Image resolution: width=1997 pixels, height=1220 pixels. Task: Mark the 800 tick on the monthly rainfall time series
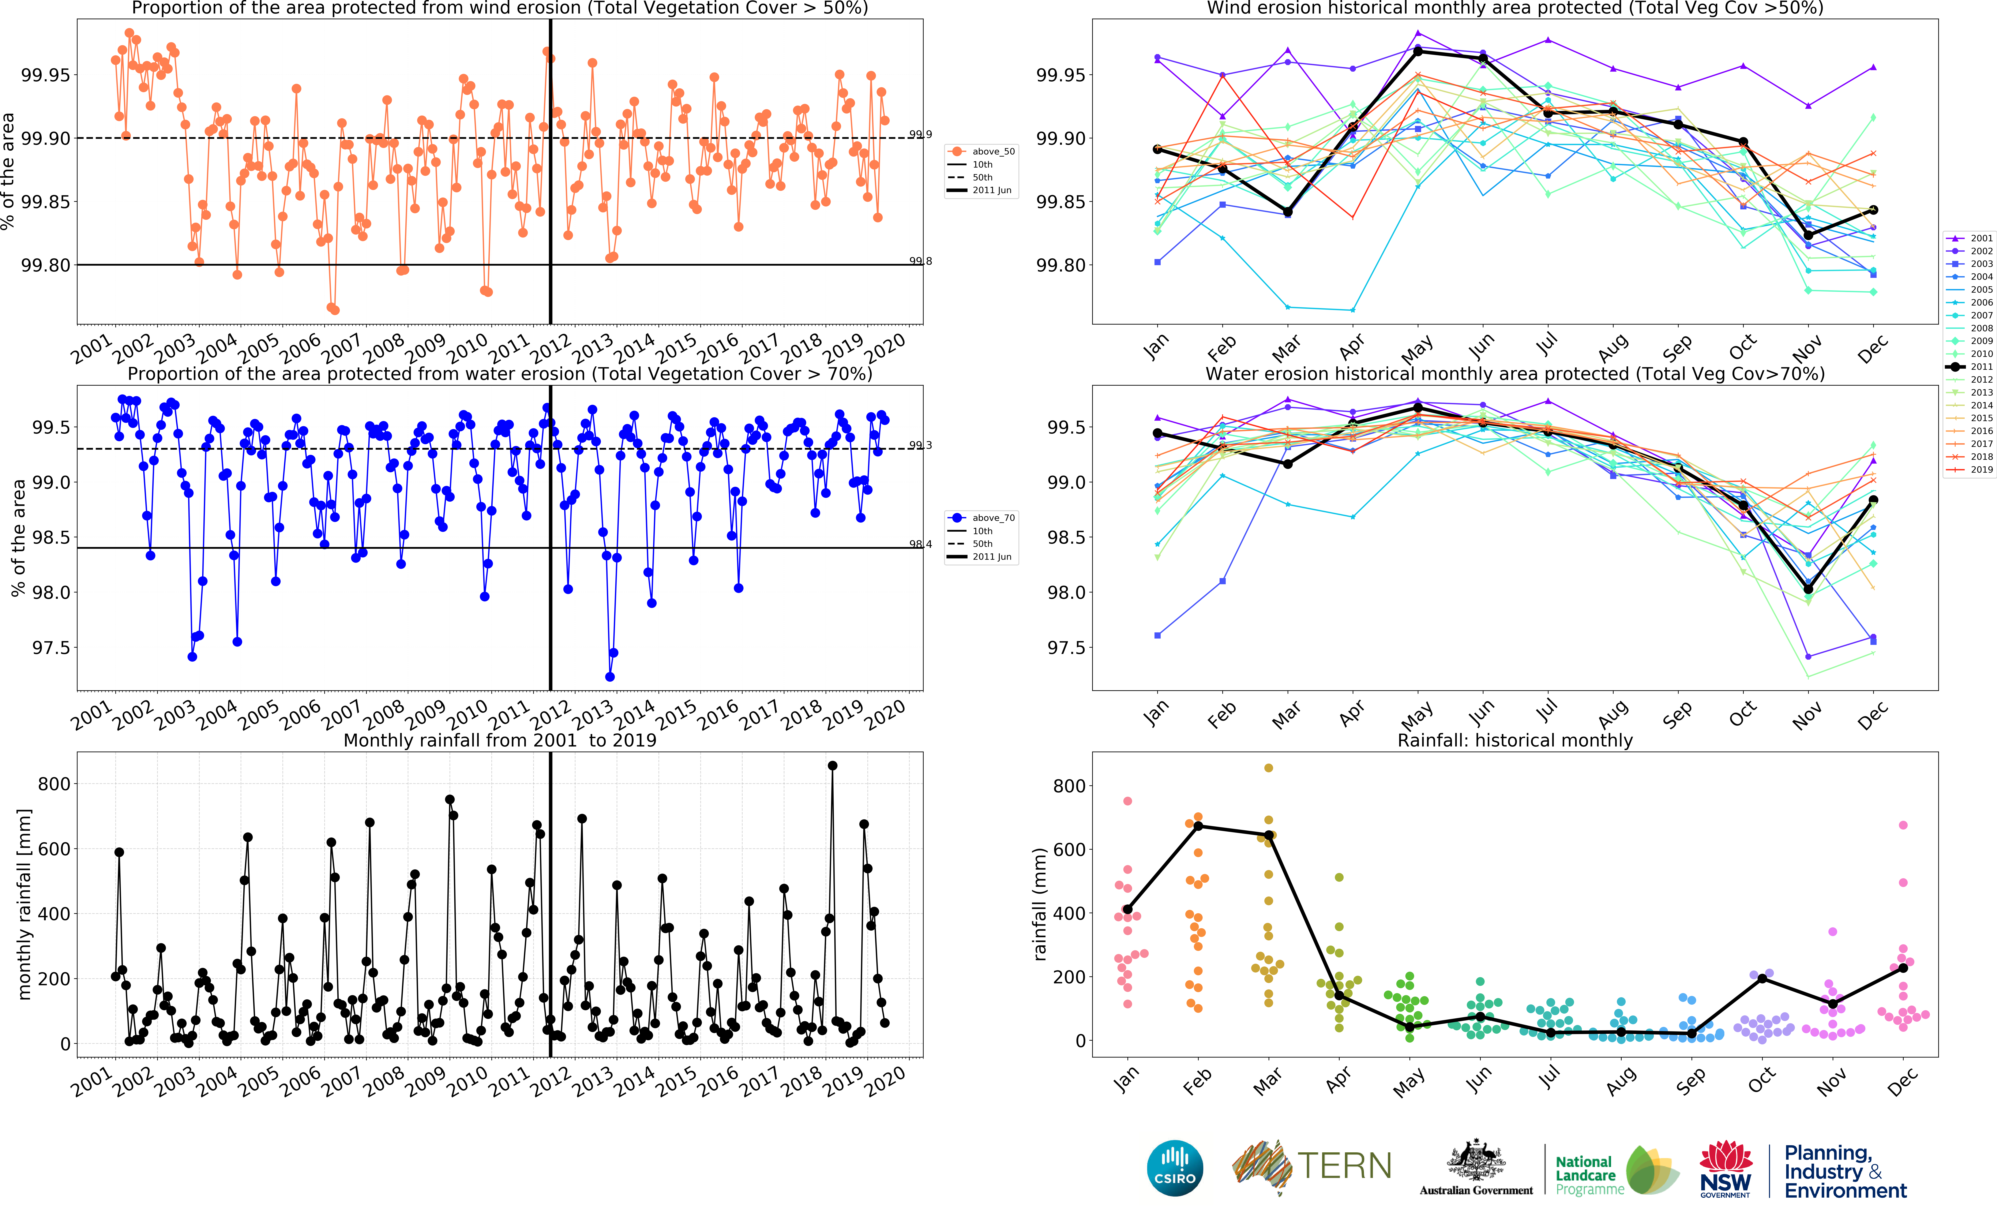point(54,784)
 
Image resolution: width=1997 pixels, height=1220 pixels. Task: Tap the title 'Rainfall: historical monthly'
point(1515,740)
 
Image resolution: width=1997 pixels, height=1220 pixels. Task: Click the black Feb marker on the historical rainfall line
point(1198,826)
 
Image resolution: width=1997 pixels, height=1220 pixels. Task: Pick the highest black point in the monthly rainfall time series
point(832,765)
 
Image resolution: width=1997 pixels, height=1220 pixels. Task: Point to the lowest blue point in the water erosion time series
point(609,677)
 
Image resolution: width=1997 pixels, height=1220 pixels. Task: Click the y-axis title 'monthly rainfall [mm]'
point(24,904)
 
